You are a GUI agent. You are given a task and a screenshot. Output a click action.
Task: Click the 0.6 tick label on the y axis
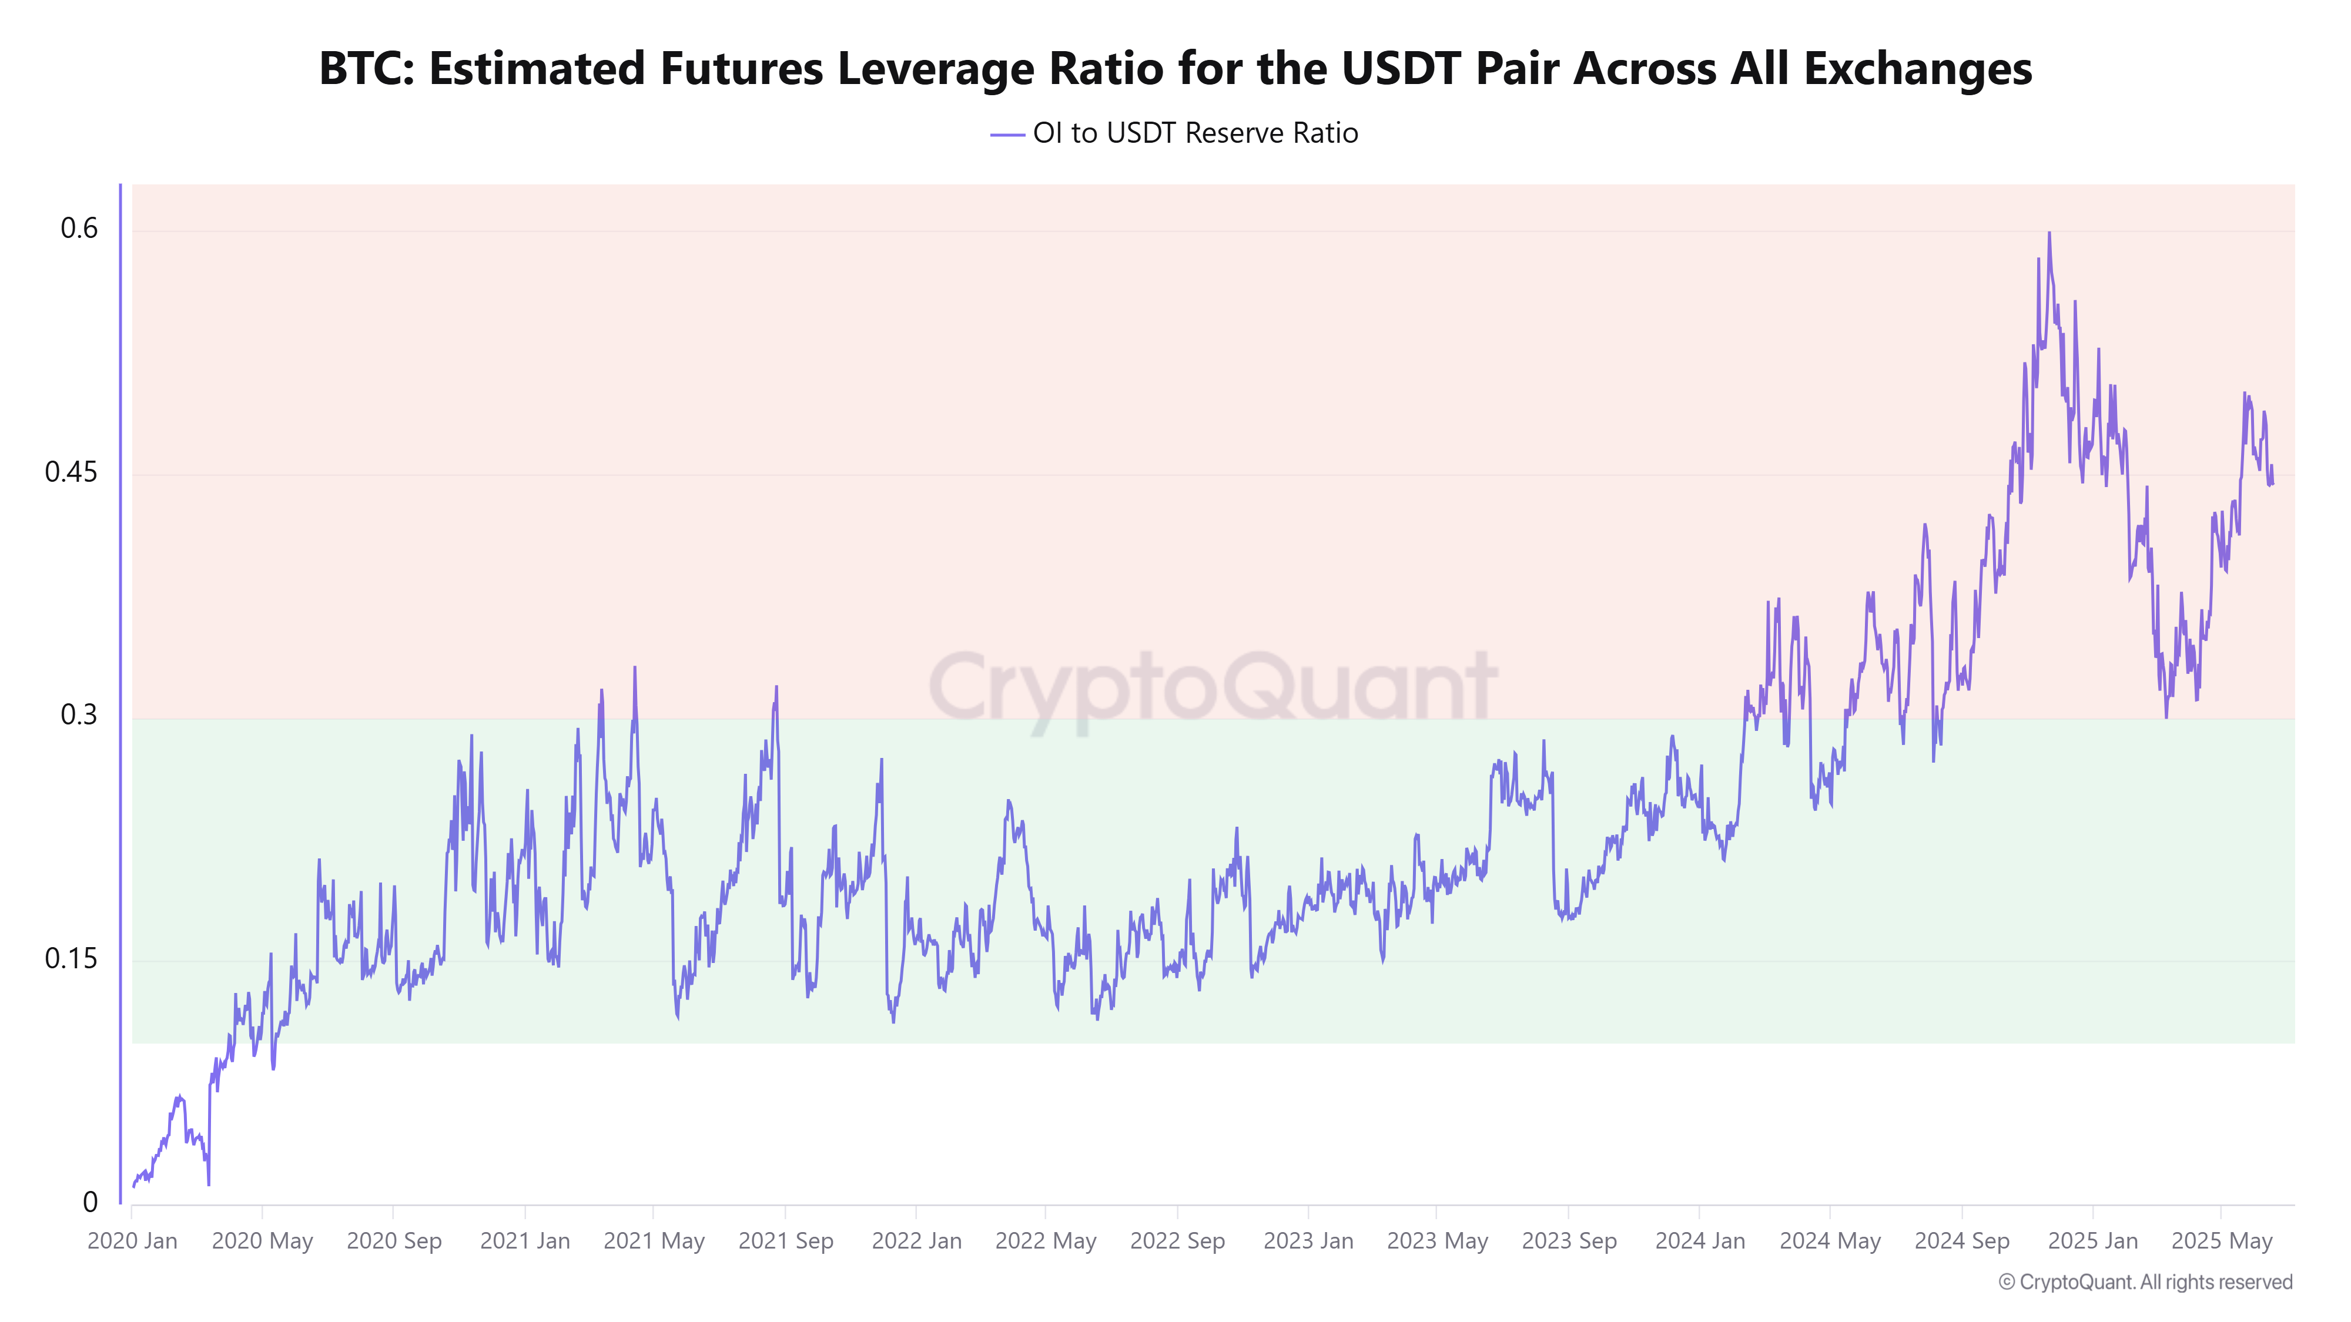(79, 228)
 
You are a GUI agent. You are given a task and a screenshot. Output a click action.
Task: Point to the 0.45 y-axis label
(71, 472)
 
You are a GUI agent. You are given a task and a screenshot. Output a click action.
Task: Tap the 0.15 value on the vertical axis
(71, 959)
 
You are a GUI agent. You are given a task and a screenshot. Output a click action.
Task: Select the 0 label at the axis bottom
(91, 1203)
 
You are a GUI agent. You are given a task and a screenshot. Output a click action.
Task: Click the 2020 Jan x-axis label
(132, 1241)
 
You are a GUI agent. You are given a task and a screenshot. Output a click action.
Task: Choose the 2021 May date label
(654, 1241)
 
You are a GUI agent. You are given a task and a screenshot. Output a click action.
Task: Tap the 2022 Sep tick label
(1177, 1241)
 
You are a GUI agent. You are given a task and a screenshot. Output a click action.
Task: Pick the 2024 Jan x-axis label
(1699, 1241)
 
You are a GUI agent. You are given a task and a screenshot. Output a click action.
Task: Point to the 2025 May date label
(2222, 1241)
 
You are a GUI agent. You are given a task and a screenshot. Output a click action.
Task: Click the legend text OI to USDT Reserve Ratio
(1195, 133)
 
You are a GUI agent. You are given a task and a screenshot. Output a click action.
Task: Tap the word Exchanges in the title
(1917, 68)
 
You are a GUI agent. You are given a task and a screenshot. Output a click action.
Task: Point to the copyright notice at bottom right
(2145, 1282)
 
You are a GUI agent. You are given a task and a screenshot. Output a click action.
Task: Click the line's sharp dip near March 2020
(209, 1185)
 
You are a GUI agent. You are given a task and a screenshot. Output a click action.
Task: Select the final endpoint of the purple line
(2272, 485)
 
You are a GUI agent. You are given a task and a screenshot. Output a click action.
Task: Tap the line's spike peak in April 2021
(634, 668)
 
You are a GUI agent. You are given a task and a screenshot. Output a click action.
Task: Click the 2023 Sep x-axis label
(1569, 1241)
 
